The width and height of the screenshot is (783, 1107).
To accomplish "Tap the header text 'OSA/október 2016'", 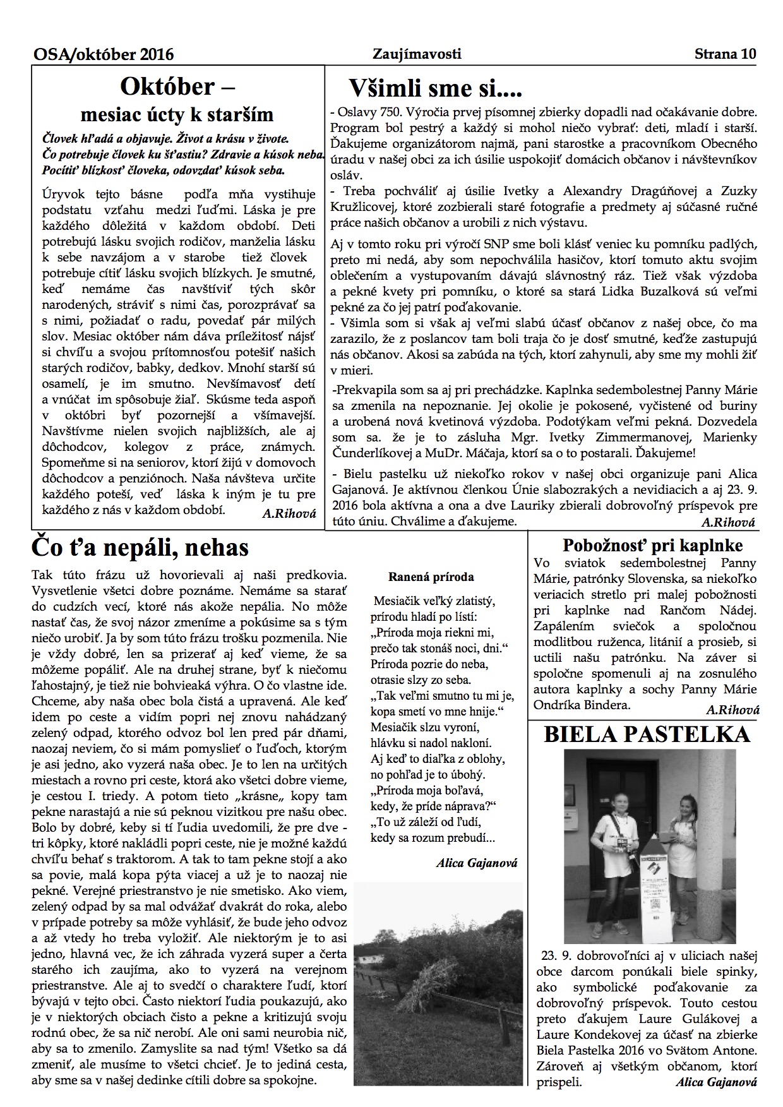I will (x=104, y=55).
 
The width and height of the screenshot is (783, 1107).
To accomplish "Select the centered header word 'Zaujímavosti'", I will (x=417, y=54).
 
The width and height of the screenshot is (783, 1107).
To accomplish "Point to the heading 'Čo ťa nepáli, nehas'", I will (x=140, y=548).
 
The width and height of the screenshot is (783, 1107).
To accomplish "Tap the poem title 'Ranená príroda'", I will (x=431, y=577).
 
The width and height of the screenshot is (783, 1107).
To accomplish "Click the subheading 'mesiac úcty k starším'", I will (x=177, y=114).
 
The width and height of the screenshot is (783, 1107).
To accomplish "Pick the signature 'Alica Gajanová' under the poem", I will (x=477, y=863).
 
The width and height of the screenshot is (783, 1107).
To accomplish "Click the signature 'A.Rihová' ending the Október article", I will (x=289, y=513).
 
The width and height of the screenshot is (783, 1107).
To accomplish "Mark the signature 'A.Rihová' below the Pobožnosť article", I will (x=732, y=710).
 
